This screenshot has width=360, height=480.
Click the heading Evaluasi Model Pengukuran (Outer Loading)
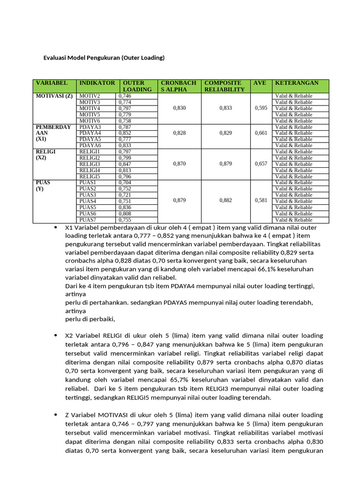[104, 58]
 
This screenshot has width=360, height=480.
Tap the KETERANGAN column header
[296, 83]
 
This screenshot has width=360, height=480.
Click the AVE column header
[260, 83]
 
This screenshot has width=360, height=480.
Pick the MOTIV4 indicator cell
[90, 108]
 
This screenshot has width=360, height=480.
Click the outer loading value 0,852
[125, 133]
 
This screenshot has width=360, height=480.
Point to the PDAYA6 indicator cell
[90, 145]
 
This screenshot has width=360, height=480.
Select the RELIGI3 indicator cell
[90, 164]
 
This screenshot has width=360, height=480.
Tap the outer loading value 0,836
[125, 207]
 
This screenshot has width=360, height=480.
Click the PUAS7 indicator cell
[88, 219]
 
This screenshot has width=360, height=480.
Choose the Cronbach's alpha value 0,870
[179, 164]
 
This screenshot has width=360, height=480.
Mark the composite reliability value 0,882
[225, 201]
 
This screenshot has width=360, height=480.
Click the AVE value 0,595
[261, 108]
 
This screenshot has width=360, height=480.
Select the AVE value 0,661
[261, 133]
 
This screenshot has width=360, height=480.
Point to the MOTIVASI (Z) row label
[54, 96]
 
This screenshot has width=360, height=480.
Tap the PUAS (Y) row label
[43, 186]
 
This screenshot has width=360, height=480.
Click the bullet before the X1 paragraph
[56, 227]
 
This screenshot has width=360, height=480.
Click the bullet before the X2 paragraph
[56, 336]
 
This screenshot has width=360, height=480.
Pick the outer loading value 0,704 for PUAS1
[125, 182]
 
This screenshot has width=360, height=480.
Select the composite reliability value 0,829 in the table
[225, 133]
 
